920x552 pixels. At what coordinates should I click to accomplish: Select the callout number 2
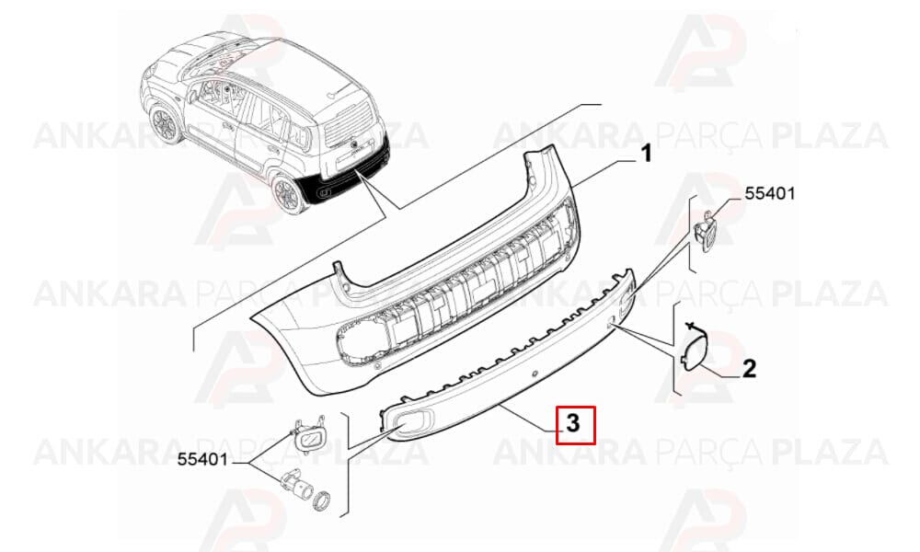[749, 369]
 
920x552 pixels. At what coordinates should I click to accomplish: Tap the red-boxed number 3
[572, 423]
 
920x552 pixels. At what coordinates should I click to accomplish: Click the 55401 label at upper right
[770, 193]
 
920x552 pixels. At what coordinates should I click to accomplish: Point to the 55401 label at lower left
[202, 460]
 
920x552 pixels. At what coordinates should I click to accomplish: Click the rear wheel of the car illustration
[287, 192]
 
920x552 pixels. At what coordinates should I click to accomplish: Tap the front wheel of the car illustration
[166, 124]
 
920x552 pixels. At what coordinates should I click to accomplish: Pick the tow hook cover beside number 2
[693, 350]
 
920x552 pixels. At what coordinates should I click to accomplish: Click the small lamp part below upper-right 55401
[706, 232]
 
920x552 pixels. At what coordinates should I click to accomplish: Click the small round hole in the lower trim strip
[534, 374]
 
